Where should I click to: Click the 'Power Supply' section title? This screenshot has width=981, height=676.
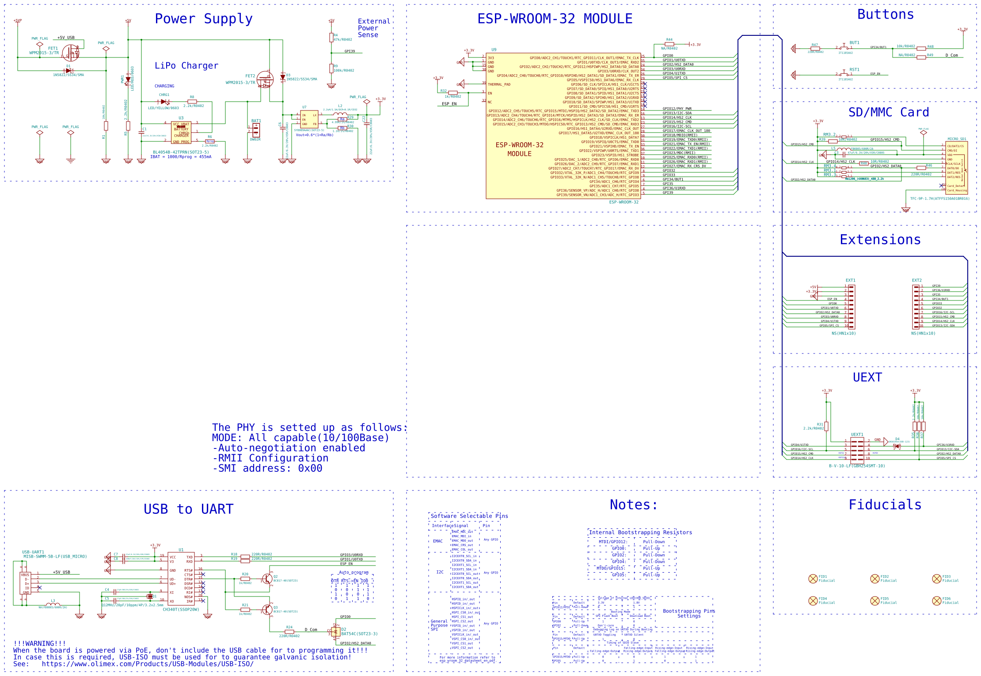203,19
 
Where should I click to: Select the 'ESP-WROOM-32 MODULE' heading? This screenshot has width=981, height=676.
555,19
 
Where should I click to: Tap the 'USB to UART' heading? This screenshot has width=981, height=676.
188,509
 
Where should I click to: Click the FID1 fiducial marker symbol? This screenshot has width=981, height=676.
813,579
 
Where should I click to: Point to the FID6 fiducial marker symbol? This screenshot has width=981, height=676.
936,601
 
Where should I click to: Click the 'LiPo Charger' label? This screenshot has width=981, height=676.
186,66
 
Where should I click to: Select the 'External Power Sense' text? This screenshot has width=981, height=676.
373,28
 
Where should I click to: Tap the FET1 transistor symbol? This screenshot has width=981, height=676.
71,53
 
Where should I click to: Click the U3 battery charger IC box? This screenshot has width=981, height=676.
181,133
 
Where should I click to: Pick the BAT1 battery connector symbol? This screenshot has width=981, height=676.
255,130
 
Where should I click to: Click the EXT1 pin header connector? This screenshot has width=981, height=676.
851,307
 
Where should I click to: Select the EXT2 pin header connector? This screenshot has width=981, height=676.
916,307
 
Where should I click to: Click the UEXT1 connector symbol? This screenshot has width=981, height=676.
857,450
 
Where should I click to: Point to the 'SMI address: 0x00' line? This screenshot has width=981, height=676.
267,468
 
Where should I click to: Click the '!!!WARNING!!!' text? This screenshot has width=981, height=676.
39,643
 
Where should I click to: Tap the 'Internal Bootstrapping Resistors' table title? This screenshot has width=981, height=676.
640,532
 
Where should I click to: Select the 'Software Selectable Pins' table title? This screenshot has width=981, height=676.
469,516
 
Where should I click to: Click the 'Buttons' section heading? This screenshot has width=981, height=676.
885,15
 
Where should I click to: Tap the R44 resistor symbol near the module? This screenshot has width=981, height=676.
669,44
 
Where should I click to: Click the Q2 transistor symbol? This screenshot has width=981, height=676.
267,579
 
